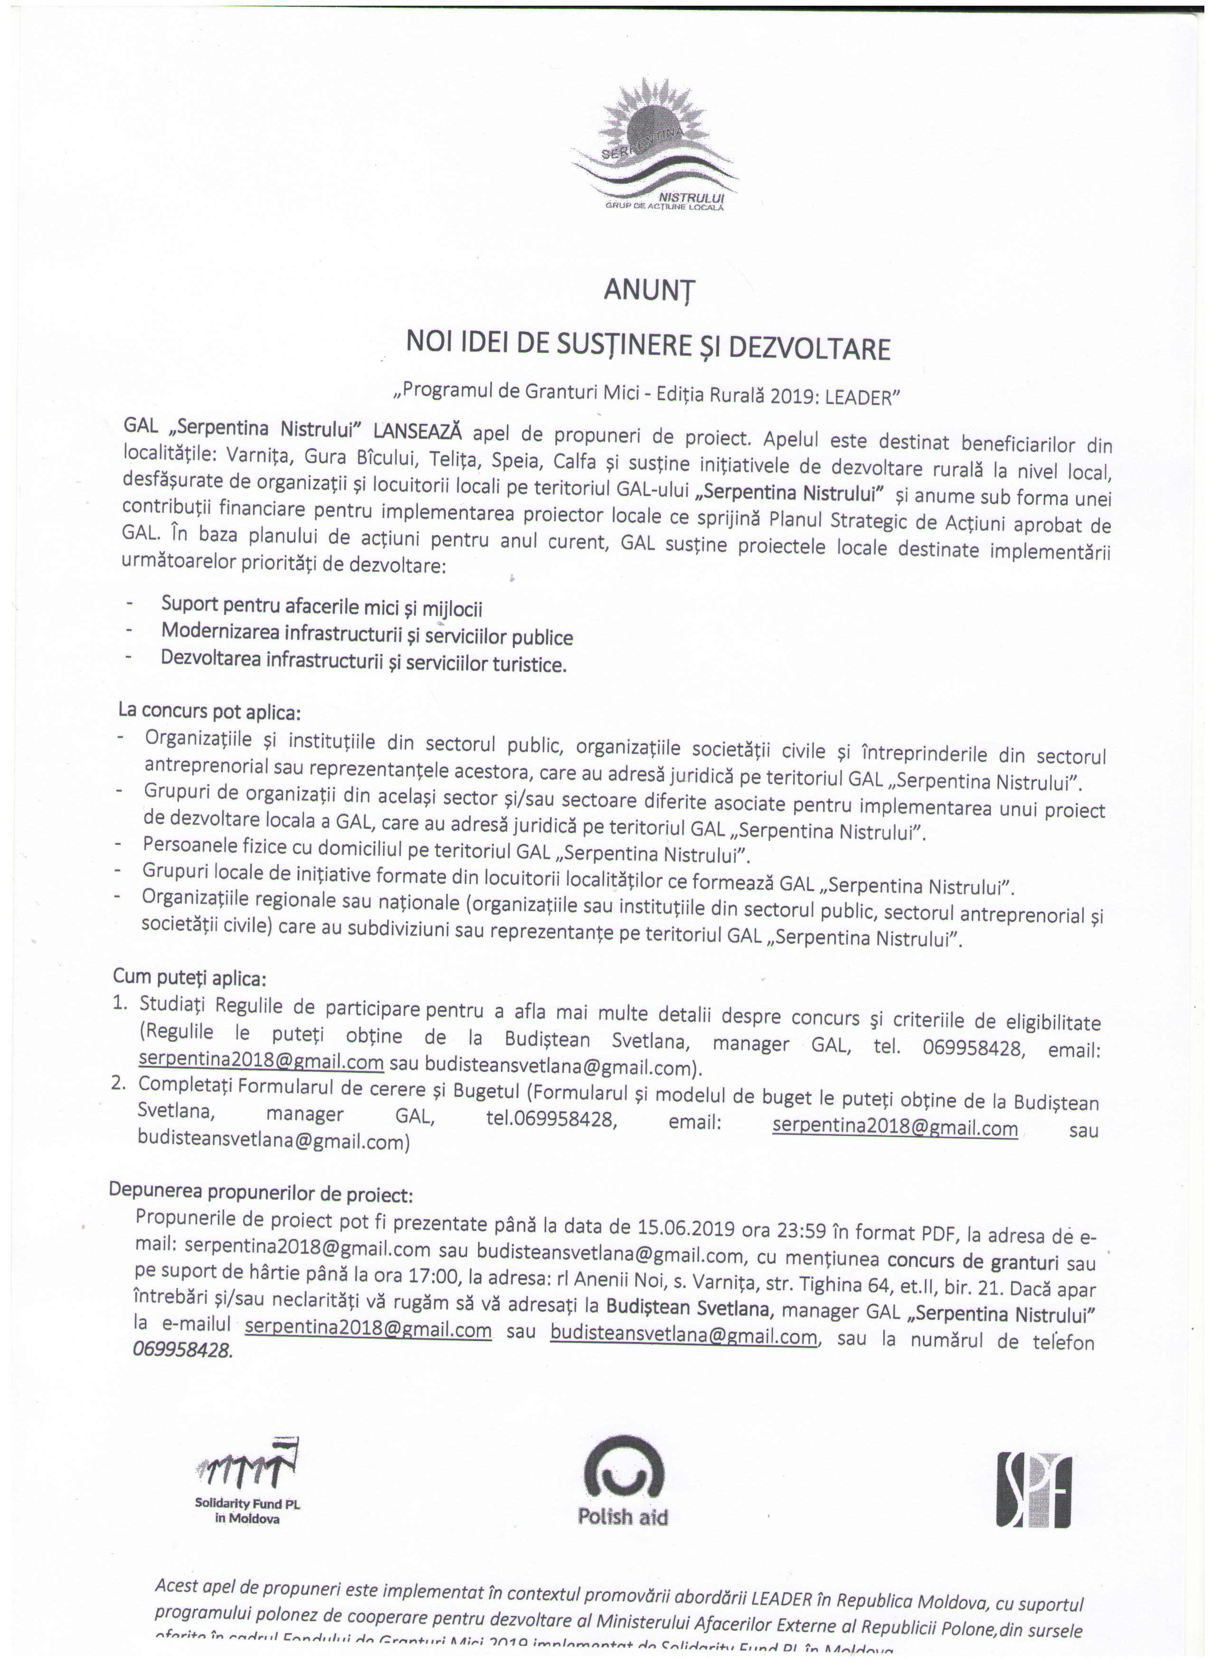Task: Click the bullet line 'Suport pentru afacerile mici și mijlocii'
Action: (x=322, y=608)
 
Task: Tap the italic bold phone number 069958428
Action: (x=182, y=1351)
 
